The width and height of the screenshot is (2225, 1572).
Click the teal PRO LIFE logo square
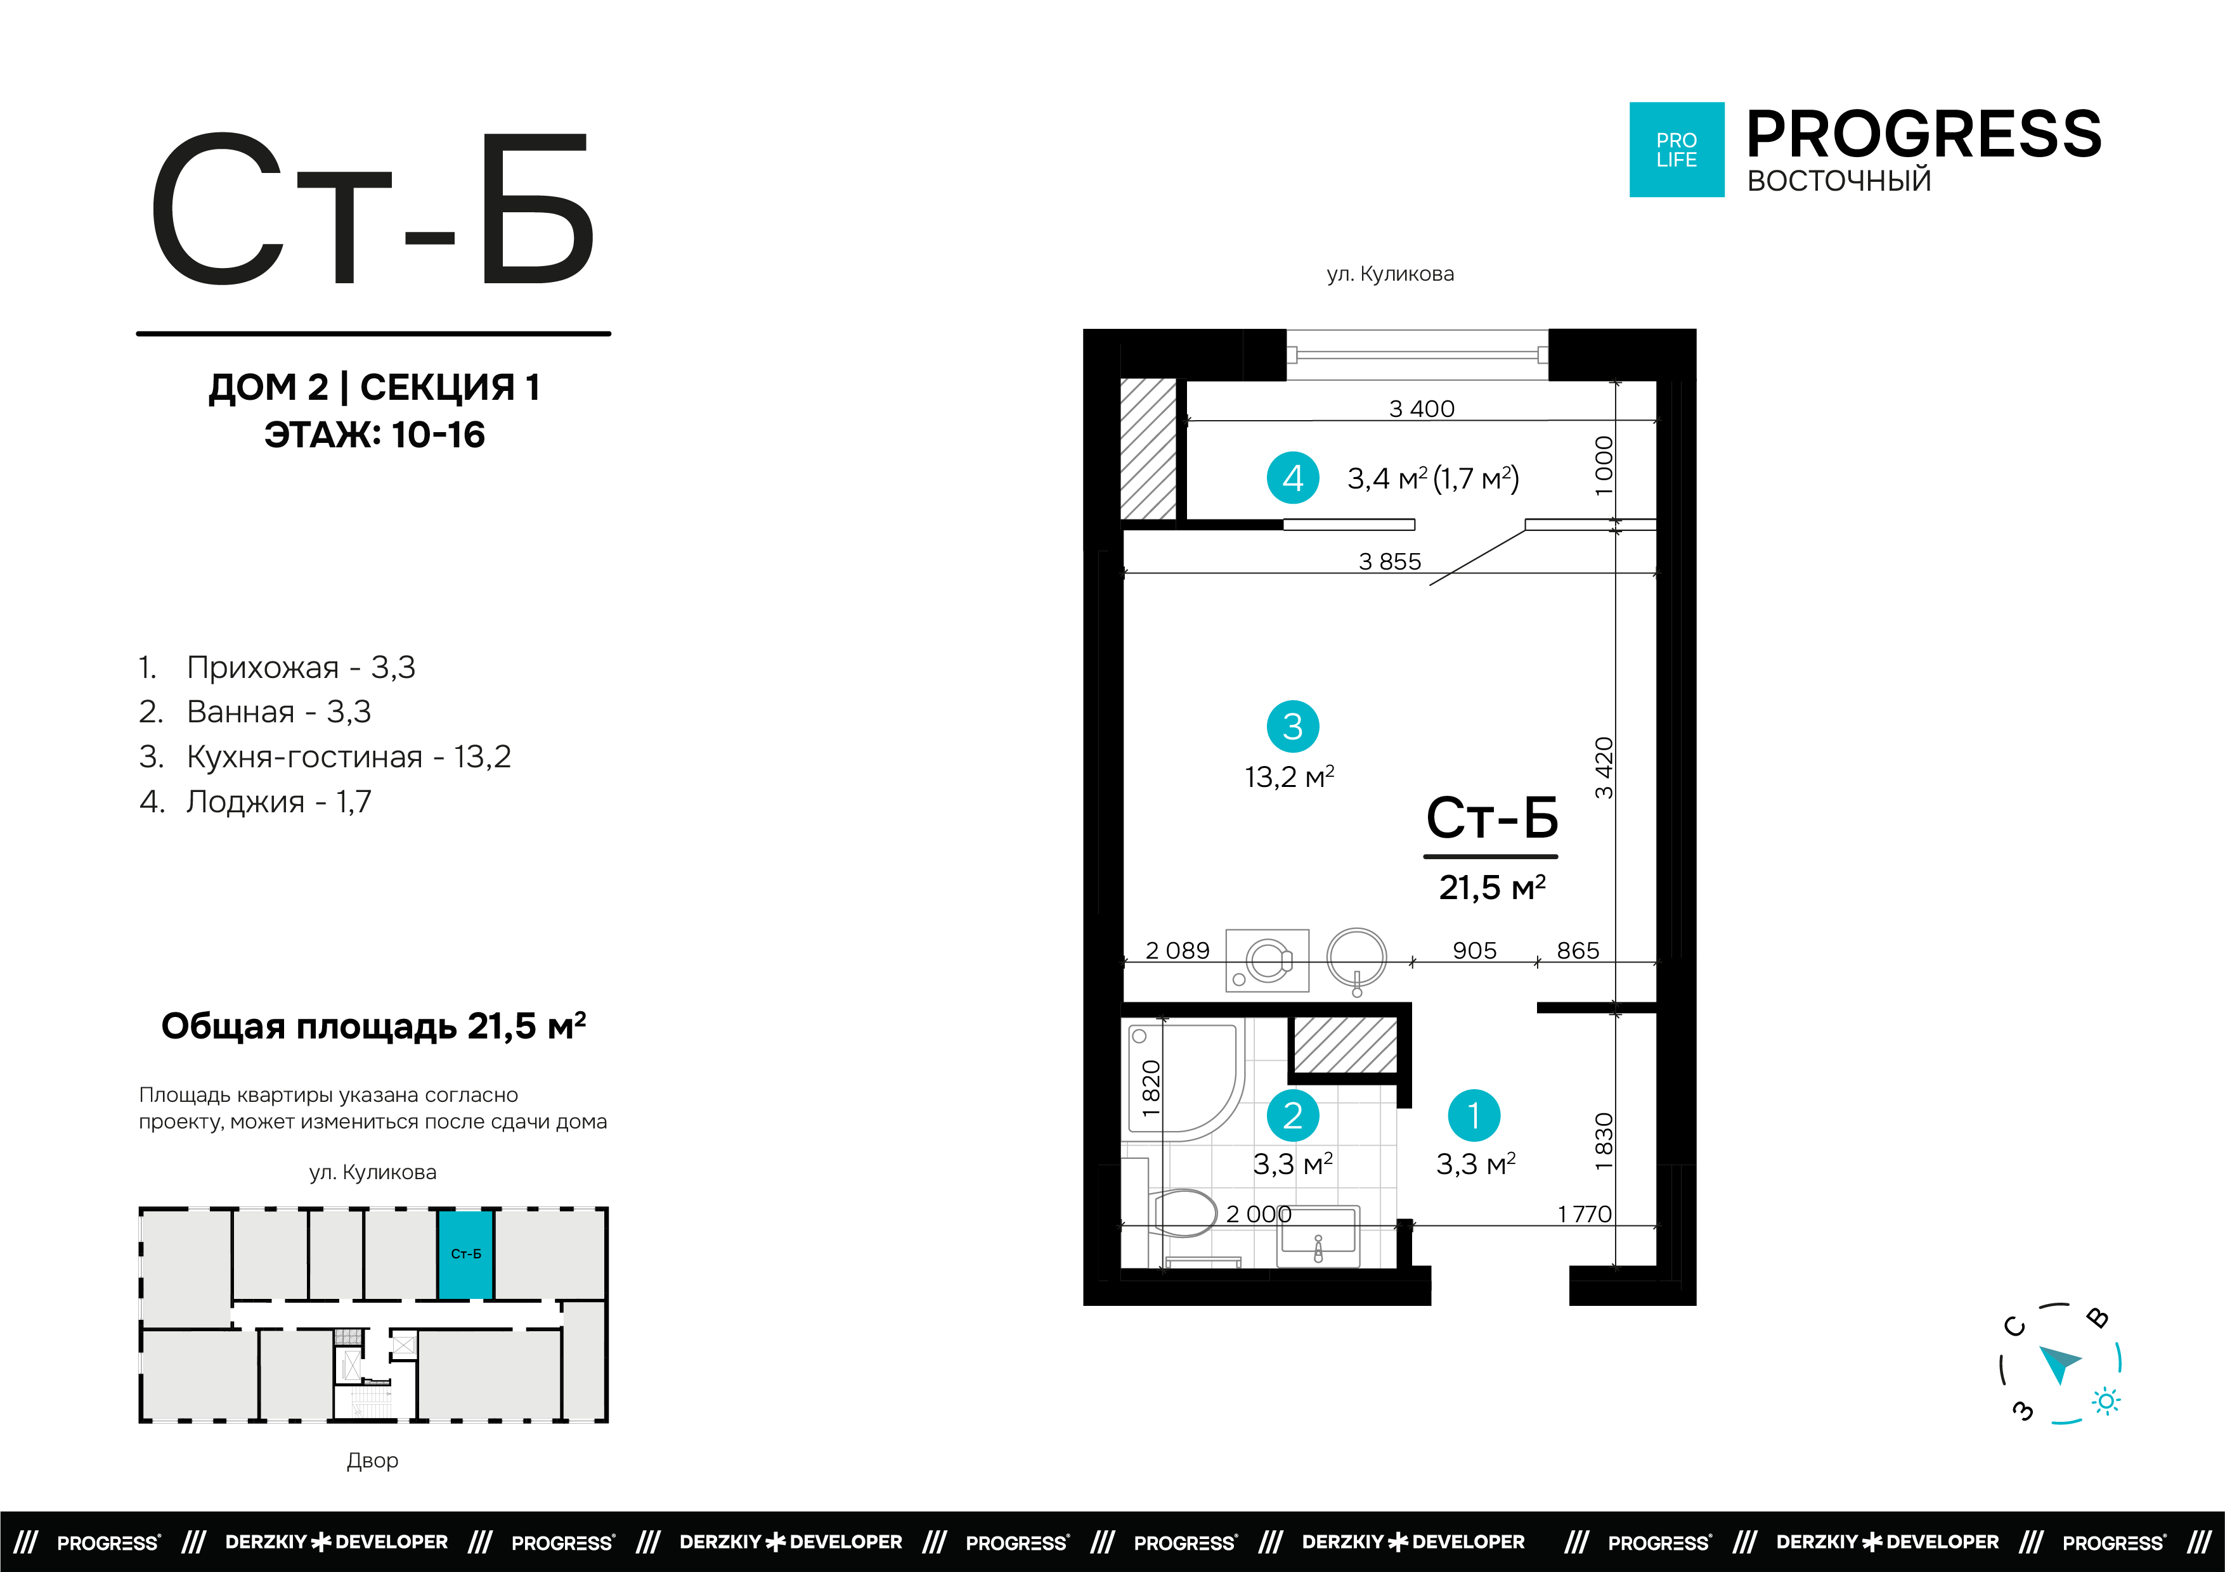(x=1677, y=150)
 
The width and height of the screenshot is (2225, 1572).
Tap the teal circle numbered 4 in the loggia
(x=1293, y=478)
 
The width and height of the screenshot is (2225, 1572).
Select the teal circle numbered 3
(x=1293, y=726)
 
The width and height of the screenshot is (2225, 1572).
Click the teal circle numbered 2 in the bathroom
(x=1293, y=1116)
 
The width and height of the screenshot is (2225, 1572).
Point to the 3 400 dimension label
(x=1422, y=409)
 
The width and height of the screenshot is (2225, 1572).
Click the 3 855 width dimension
(x=1390, y=562)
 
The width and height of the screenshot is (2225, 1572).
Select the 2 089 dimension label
(x=1177, y=951)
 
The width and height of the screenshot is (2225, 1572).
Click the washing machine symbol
(x=1268, y=961)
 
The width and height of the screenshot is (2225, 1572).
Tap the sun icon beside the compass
(x=2106, y=1402)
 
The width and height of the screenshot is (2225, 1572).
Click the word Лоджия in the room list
(x=245, y=802)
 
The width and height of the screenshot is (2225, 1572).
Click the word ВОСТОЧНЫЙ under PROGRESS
(x=1838, y=181)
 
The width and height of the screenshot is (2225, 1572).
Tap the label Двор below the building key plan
(x=372, y=1460)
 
